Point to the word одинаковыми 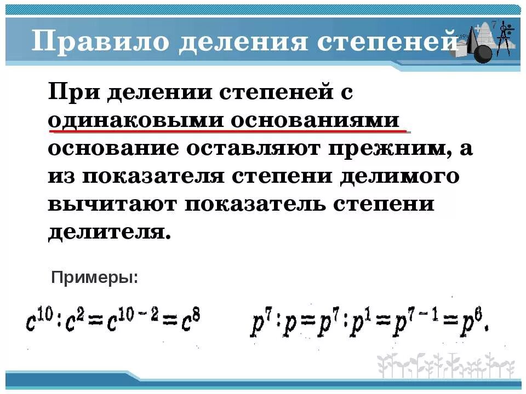134,120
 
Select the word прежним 386,149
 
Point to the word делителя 106,233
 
